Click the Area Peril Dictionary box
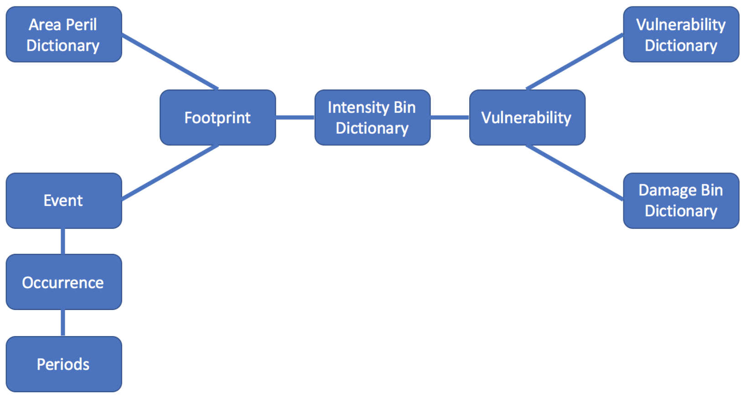pyautogui.click(x=64, y=34)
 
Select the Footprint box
pyautogui.click(x=218, y=117)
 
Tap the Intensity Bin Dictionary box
pyautogui.click(x=372, y=117)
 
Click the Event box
pyautogui.click(x=64, y=200)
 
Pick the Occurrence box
pyautogui.click(x=64, y=282)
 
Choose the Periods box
pyautogui.click(x=64, y=364)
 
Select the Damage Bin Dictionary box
pyautogui.click(x=681, y=200)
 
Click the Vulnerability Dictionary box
pyautogui.click(x=681, y=34)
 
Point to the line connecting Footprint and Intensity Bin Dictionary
pyautogui.click(x=295, y=117)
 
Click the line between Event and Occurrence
pyautogui.click(x=63, y=241)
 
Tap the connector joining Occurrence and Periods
pyautogui.click(x=63, y=323)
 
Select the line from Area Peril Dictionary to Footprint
pyautogui.click(x=170, y=62)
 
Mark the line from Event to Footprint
pyautogui.click(x=170, y=173)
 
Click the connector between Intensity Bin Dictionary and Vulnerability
pyautogui.click(x=450, y=117)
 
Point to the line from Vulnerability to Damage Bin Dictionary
pyautogui.click(x=575, y=173)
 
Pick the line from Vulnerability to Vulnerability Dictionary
pyautogui.click(x=575, y=62)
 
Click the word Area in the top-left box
pyautogui.click(x=45, y=25)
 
